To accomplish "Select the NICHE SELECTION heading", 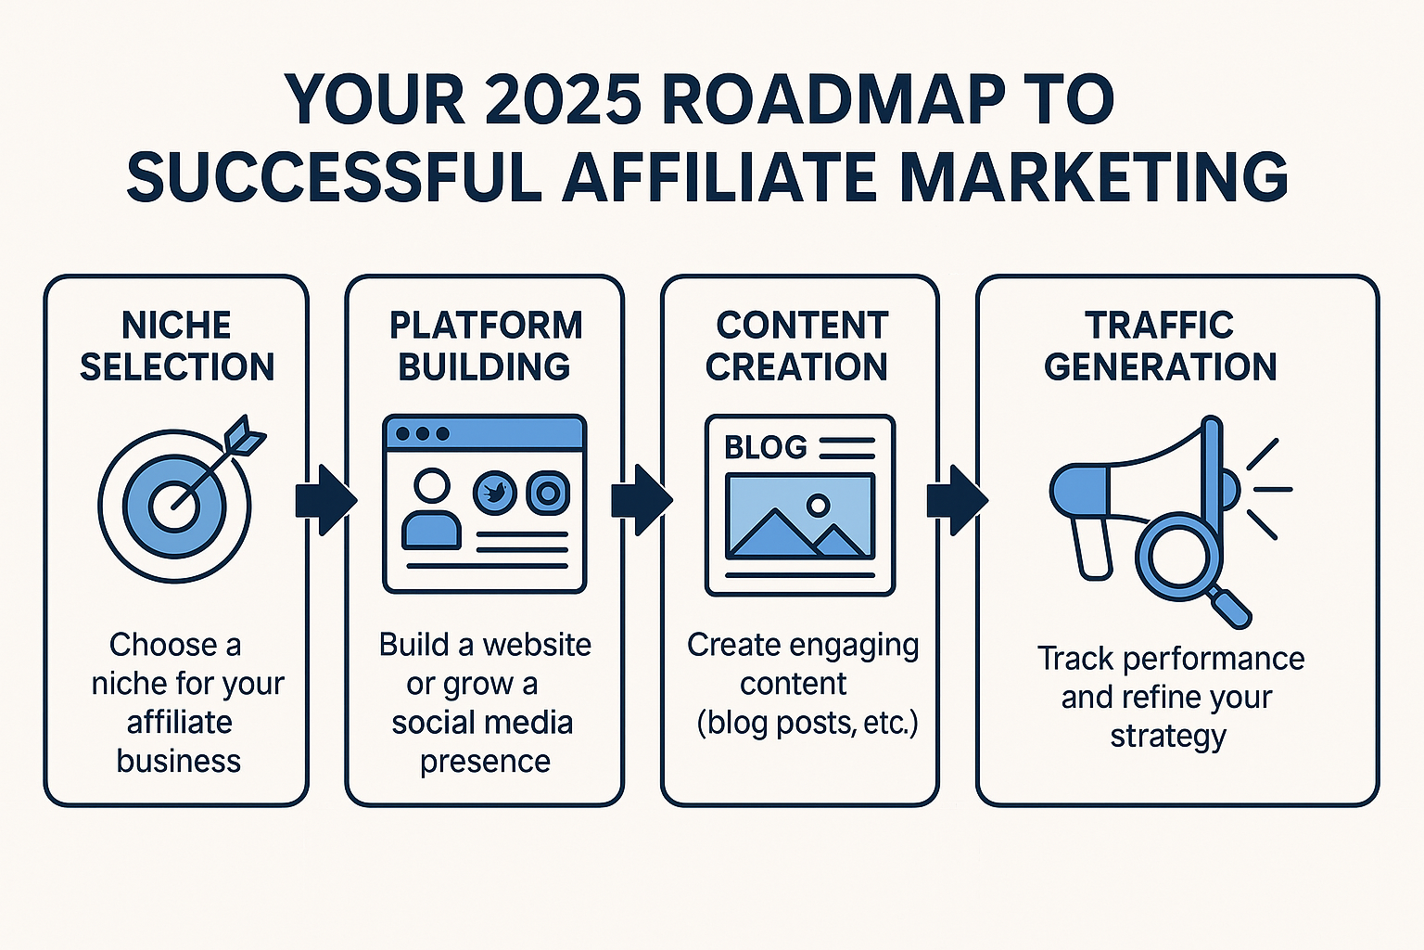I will [x=177, y=346].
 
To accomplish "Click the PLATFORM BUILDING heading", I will [x=485, y=346].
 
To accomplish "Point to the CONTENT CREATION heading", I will [x=799, y=346].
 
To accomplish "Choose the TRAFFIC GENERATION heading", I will [x=1160, y=346].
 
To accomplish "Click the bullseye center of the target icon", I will [x=173, y=507].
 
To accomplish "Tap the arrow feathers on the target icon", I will [x=246, y=434].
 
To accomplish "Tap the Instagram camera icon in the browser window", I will [x=548, y=493].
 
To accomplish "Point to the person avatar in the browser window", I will [x=431, y=510].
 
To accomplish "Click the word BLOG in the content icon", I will [x=766, y=448].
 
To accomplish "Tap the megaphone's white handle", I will [x=1092, y=547].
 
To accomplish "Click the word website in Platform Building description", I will [x=537, y=645].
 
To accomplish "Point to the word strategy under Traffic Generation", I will [x=1168, y=737].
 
